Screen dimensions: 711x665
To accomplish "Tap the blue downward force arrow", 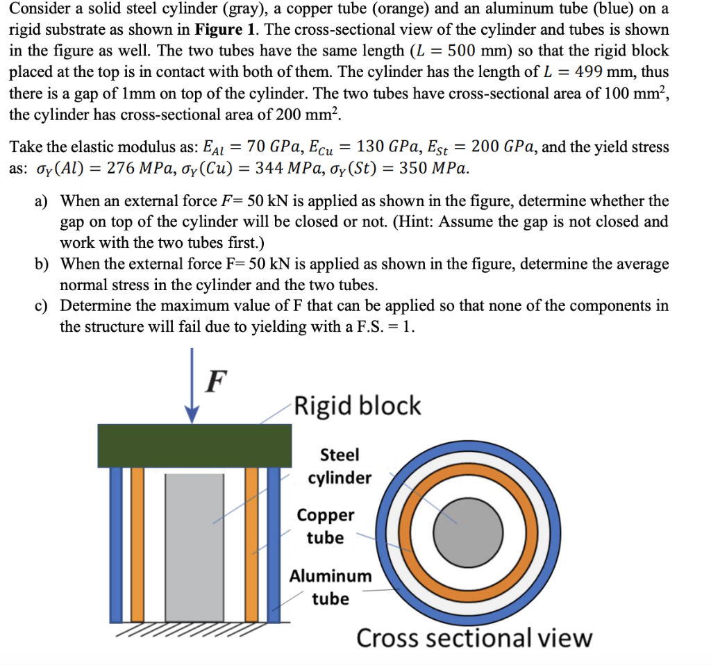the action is click(194, 396).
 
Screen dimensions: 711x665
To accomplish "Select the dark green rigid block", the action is click(194, 445).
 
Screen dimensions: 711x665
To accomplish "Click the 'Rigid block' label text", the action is click(358, 405).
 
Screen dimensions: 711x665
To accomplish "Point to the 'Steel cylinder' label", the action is click(340, 466).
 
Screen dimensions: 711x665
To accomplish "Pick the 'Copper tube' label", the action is click(325, 526).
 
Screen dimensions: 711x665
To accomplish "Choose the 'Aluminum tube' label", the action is click(331, 587).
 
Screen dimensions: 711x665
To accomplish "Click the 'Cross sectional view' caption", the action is click(474, 637).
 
